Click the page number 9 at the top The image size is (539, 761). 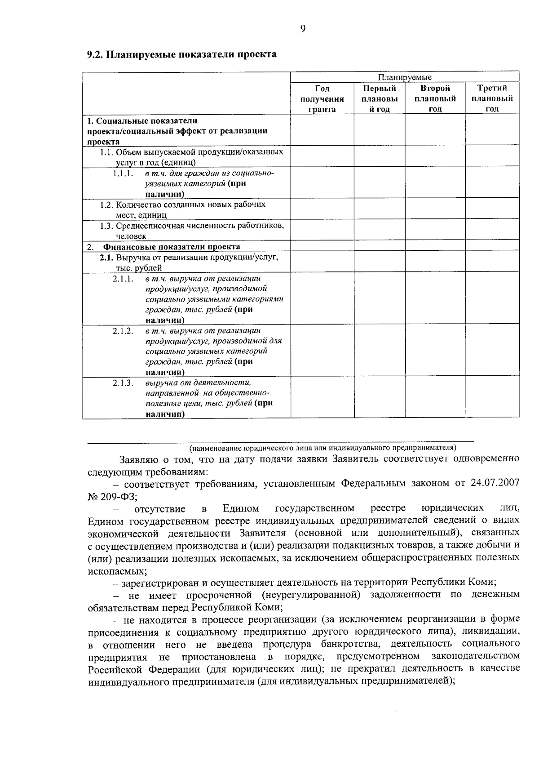(x=302, y=29)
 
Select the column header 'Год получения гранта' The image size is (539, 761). (x=322, y=98)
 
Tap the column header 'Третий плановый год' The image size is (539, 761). (x=492, y=98)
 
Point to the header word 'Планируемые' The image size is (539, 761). (x=404, y=77)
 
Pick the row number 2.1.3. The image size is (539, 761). (x=123, y=383)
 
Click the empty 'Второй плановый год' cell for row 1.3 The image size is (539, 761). (x=435, y=230)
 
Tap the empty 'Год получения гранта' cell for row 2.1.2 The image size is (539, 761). (x=322, y=351)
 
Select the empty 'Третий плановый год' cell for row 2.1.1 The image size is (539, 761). (x=492, y=298)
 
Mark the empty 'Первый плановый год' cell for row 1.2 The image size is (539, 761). (x=380, y=209)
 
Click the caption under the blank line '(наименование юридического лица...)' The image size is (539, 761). (x=322, y=448)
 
